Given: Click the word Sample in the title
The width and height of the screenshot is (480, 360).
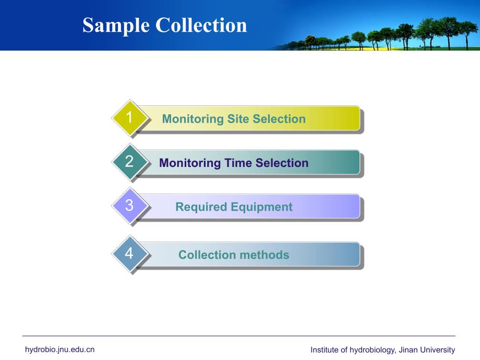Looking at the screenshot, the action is click(x=116, y=26).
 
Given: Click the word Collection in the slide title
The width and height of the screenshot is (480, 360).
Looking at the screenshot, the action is click(x=201, y=25).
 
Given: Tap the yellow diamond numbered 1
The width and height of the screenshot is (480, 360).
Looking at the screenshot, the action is click(x=130, y=117).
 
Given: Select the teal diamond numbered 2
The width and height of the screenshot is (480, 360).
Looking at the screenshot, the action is click(x=130, y=162).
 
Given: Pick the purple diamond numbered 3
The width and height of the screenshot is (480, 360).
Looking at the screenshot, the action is click(x=130, y=206).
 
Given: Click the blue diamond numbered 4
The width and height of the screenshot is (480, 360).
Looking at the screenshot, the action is click(x=130, y=254).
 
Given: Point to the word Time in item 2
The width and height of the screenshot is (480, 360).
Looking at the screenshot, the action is click(x=238, y=163).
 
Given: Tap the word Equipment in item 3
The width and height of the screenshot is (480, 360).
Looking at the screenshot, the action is click(x=262, y=207).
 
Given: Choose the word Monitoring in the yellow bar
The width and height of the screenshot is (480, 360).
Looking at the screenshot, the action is click(x=193, y=119).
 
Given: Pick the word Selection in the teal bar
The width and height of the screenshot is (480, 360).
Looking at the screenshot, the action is click(x=282, y=163).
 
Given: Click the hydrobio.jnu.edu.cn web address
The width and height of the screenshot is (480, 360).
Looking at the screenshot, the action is click(x=59, y=350).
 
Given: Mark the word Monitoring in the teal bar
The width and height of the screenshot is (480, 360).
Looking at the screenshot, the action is click(x=190, y=163).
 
